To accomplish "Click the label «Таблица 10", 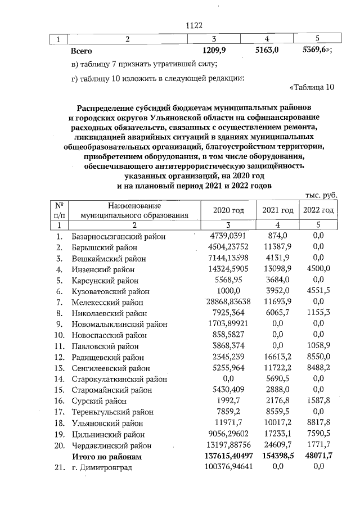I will click(312, 87).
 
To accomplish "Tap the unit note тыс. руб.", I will click(321, 194).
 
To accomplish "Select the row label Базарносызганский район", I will click(119, 237).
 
